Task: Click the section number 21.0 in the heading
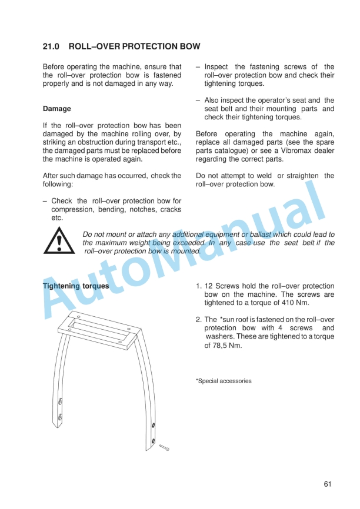click(x=50, y=46)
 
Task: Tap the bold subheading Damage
click(x=57, y=109)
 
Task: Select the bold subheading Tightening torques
click(x=76, y=286)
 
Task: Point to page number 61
click(x=328, y=484)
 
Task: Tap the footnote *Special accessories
click(x=224, y=381)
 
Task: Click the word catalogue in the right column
click(x=222, y=151)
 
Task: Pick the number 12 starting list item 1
click(x=209, y=286)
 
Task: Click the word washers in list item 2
click(x=220, y=337)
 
